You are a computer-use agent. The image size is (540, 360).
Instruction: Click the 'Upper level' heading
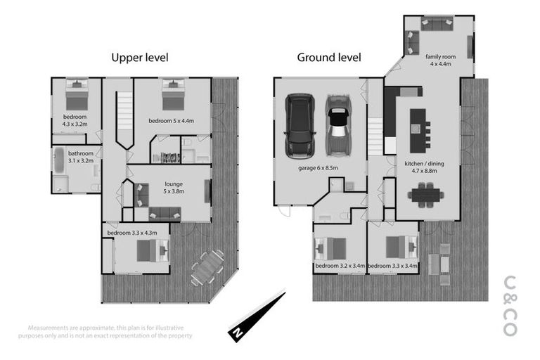140,57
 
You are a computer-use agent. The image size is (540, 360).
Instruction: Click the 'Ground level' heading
329,57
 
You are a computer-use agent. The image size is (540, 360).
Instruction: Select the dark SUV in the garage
300,127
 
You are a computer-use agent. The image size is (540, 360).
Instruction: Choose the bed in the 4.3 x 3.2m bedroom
76,94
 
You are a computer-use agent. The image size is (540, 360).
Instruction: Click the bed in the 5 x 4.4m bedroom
172,95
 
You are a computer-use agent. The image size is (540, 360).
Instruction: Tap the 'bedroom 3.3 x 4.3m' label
131,233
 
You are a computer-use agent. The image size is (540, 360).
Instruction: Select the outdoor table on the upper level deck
207,268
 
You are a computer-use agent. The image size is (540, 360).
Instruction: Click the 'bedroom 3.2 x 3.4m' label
340,266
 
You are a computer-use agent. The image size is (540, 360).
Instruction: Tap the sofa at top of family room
437,25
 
